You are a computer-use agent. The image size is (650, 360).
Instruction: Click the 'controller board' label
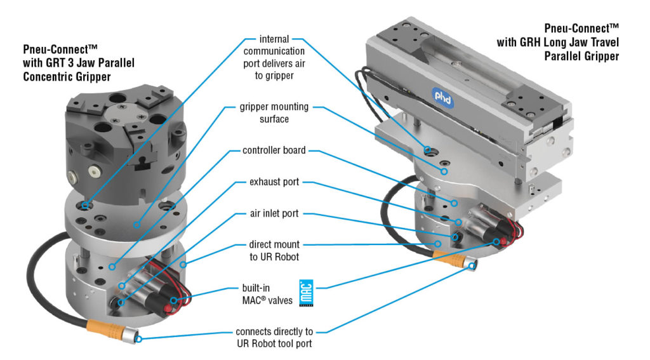coord(274,151)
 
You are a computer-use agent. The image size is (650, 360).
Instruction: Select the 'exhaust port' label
coord(274,182)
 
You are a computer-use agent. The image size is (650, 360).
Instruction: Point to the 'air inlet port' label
coord(274,213)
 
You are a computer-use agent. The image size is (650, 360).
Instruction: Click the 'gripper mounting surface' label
coord(275,113)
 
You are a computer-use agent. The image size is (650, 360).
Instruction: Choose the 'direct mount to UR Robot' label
coord(274,250)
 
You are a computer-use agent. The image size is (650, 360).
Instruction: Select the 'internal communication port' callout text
coord(274,56)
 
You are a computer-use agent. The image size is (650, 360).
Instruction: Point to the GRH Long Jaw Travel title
coord(559,42)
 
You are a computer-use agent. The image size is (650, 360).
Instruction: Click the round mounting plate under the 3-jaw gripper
coord(127,219)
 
